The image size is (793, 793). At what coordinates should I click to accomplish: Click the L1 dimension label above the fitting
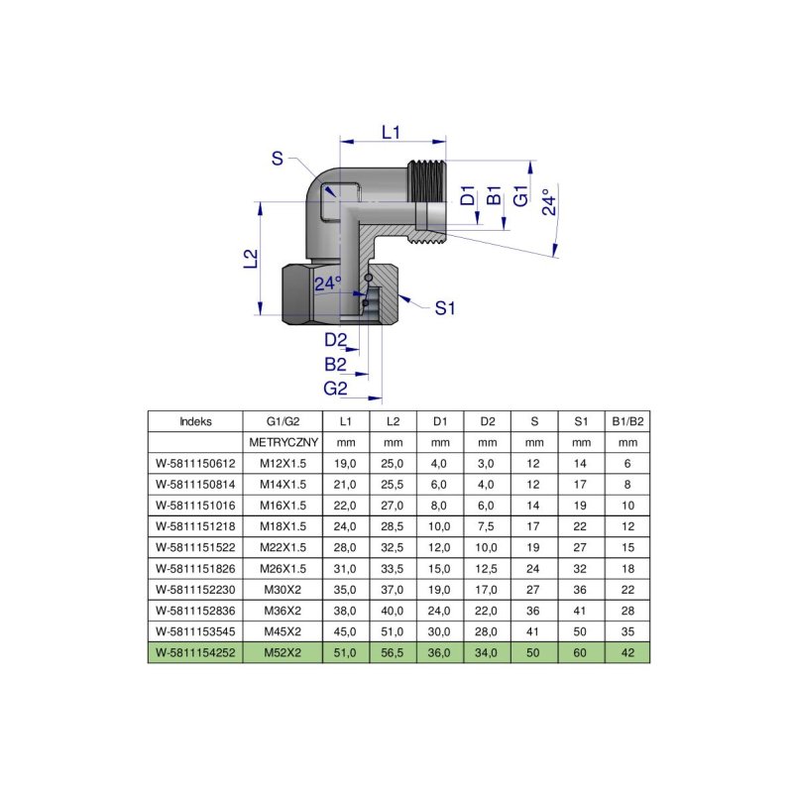[x=391, y=132]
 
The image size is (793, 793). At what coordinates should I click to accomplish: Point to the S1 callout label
[x=445, y=308]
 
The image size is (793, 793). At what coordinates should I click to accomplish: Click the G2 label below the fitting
[x=336, y=387]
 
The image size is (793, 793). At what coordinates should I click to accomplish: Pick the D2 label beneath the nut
[x=336, y=341]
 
